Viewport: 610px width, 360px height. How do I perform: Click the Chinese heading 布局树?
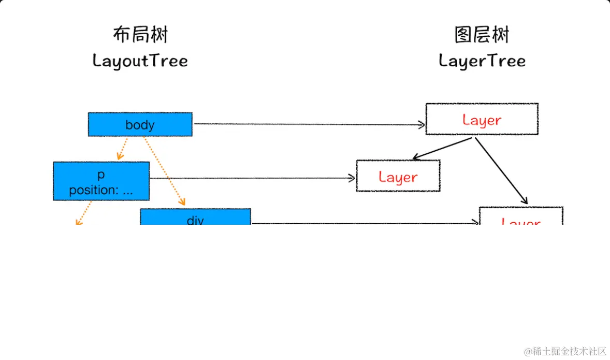pos(140,35)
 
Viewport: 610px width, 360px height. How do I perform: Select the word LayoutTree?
pos(140,61)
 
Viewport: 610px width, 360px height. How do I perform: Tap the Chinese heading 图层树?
pos(482,35)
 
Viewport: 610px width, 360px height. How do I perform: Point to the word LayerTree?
pos(482,61)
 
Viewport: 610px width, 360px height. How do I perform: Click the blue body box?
pos(140,124)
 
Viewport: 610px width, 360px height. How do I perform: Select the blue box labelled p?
pos(101,181)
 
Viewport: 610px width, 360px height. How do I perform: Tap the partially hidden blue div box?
pos(195,218)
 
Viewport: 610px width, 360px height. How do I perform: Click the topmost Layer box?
pos(482,119)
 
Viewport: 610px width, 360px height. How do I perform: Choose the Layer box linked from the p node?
pos(398,176)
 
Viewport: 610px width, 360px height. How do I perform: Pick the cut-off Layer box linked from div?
pos(520,218)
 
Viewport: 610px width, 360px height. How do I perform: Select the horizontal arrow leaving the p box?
pos(252,178)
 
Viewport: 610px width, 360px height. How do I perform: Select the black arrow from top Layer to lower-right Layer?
pos(501,171)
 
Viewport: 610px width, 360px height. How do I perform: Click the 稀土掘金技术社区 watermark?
pos(564,351)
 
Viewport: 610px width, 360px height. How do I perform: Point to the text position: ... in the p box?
pos(101,190)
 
